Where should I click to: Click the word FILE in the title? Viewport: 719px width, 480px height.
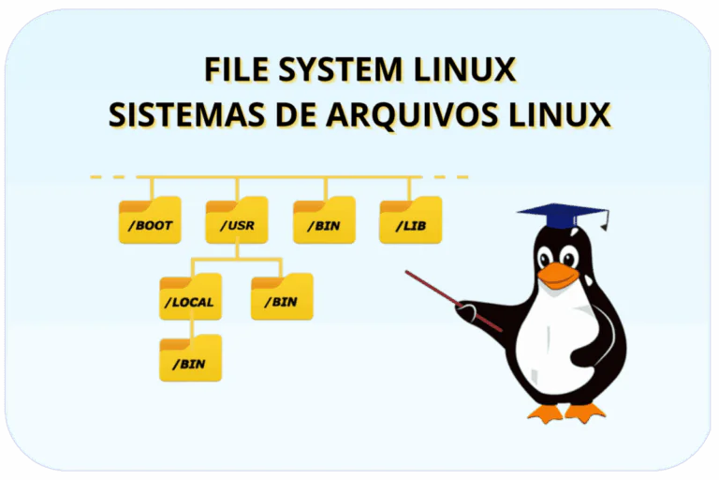(235, 71)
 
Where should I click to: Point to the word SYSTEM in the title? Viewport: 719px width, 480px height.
(342, 71)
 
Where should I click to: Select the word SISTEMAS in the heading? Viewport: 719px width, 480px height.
(183, 114)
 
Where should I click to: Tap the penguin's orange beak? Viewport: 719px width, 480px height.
(559, 275)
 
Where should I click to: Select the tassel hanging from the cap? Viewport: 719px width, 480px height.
(604, 222)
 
